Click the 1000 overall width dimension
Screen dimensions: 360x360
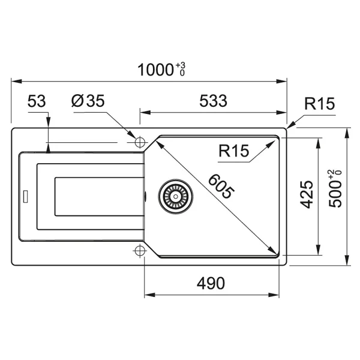pos(155,70)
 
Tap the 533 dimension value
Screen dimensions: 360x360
pos(213,101)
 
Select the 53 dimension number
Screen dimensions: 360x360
pos(37,101)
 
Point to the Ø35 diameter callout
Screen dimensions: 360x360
pos(88,101)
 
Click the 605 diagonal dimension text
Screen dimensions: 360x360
pos(221,186)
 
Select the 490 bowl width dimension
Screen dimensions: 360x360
pos(211,283)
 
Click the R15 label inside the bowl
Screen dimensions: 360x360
pos(234,151)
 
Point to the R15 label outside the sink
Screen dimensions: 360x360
pos(320,104)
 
